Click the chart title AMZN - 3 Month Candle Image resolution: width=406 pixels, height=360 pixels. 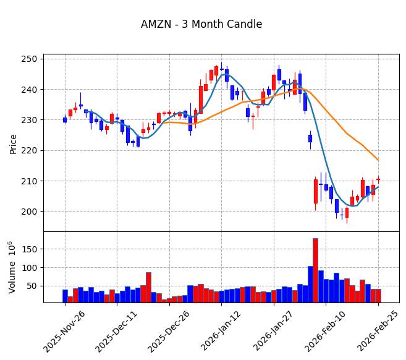[201, 25]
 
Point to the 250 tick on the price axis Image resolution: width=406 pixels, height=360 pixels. [31, 59]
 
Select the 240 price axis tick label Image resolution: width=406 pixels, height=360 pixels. [31, 89]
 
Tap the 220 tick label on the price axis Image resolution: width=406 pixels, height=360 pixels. [31, 150]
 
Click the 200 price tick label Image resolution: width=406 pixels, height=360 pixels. [31, 212]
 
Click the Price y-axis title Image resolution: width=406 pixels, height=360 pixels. [14, 144]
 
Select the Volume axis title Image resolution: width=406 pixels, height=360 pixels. [12, 267]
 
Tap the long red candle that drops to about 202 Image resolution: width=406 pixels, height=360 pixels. [315, 191]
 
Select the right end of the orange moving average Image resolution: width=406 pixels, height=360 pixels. [378, 160]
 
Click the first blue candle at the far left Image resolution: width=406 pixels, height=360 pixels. [65, 120]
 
